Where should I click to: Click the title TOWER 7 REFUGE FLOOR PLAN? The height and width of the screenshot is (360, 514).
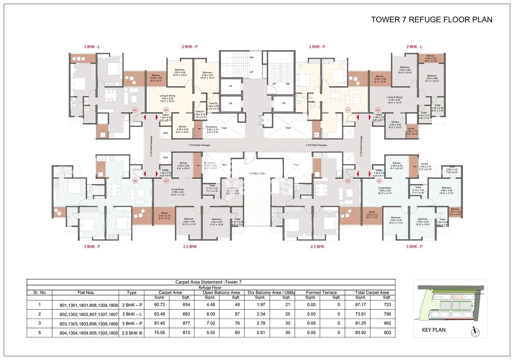(x=431, y=20)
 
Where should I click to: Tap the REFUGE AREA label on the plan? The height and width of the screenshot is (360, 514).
(x=257, y=173)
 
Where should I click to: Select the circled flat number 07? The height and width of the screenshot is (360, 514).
(x=135, y=110)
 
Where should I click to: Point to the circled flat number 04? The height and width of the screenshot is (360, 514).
(x=348, y=181)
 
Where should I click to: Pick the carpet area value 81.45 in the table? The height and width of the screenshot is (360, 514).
(x=159, y=323)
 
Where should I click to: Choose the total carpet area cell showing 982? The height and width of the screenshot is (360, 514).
(x=387, y=323)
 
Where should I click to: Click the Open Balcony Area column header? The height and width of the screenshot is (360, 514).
(x=221, y=293)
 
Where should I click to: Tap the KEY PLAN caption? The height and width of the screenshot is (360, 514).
(x=434, y=330)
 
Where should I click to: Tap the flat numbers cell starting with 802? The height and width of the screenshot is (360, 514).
(x=89, y=314)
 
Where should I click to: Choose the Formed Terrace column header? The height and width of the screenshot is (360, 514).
(x=321, y=293)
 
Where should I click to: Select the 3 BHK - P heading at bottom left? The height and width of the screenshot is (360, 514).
(x=92, y=247)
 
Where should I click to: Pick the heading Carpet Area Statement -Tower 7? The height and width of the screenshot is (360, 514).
(x=208, y=282)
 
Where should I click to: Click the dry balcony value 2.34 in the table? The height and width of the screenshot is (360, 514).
(x=261, y=314)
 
